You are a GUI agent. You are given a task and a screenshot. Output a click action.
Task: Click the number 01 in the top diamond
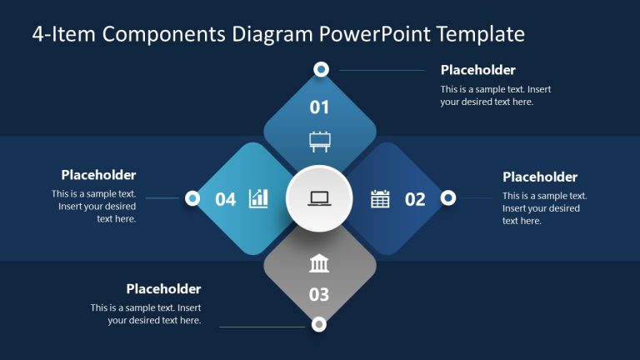(320, 107)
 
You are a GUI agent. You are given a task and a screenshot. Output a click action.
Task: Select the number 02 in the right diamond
(415, 199)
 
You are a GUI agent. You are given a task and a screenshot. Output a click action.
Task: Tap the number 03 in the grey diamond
(319, 294)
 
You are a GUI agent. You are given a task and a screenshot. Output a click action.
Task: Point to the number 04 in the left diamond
(226, 199)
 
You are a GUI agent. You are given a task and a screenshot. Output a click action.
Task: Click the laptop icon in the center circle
(319, 199)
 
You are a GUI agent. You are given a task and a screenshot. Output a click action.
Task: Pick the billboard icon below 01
(319, 141)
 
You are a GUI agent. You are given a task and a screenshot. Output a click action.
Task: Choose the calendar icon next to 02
(380, 198)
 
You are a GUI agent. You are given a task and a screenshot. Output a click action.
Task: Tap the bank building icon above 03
(319, 264)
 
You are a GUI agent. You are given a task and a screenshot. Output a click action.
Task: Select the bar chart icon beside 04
(259, 198)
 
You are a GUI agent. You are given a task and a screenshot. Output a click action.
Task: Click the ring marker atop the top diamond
(321, 69)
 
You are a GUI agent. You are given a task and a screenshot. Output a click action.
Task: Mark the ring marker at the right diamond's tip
(447, 197)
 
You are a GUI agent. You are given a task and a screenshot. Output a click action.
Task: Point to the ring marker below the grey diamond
(318, 324)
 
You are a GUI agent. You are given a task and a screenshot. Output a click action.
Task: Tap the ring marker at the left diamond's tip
(192, 198)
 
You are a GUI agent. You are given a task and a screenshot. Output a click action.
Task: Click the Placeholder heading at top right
(477, 70)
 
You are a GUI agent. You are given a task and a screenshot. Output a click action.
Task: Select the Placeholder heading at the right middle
(540, 177)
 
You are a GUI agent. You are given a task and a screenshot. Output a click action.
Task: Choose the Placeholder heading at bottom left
(163, 289)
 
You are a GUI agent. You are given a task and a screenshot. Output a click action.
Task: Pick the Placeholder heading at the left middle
(98, 175)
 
